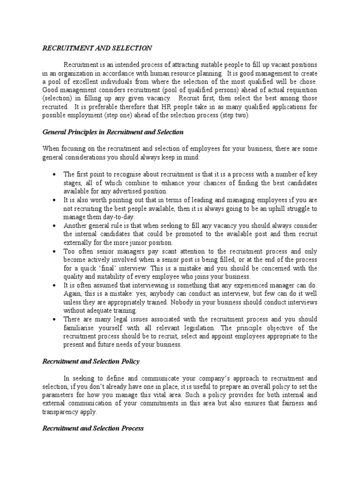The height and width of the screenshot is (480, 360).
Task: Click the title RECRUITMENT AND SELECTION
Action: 97,48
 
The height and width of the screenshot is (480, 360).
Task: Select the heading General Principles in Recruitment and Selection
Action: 113,132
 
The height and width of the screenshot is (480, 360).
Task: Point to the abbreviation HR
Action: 190,106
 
